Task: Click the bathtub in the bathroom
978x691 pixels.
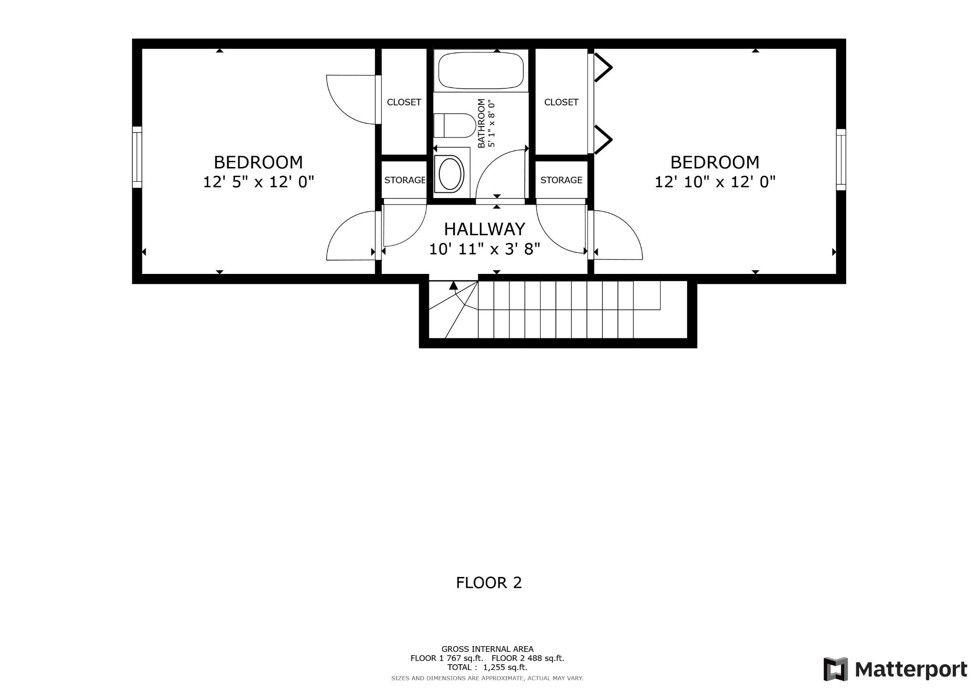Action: (x=481, y=70)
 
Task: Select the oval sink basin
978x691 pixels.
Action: (x=451, y=174)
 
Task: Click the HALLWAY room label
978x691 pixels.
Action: (x=484, y=229)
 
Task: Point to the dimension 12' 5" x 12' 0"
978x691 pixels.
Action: (x=258, y=182)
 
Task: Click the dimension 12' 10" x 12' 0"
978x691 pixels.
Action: (x=714, y=182)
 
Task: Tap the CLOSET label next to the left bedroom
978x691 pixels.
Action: (x=404, y=102)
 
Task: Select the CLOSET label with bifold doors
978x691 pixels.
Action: (x=561, y=102)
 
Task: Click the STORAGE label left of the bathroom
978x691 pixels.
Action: (x=404, y=180)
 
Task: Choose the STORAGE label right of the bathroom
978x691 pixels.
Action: (x=561, y=180)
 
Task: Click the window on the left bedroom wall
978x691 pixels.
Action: (x=137, y=157)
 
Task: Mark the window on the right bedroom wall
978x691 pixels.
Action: (x=841, y=159)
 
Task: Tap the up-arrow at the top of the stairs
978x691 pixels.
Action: (x=453, y=285)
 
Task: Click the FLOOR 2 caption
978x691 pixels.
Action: (x=489, y=583)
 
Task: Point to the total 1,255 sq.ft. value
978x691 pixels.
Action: (x=505, y=667)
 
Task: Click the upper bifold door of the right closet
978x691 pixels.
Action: (x=603, y=67)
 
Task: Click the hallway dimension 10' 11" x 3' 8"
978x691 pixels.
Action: (x=484, y=249)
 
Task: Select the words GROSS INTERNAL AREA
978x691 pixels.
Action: (x=487, y=649)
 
